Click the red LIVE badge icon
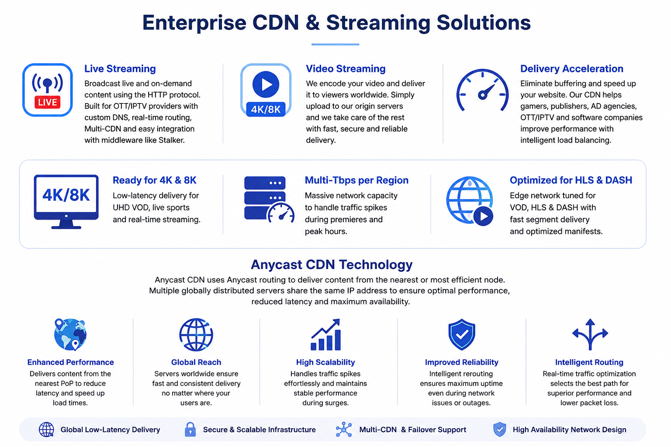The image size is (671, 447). pos(47,102)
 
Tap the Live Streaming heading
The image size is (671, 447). pos(120,69)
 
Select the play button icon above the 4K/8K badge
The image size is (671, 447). pos(266,84)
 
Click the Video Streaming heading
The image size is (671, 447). pos(346,69)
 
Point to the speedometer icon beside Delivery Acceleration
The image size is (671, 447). pos(482,90)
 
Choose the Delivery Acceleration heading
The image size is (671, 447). pos(571,69)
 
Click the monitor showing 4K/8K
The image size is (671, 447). pos(66,202)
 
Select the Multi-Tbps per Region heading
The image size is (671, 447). pos(356,180)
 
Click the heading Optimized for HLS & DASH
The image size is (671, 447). pos(571,180)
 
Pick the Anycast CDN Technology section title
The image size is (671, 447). pos(332,265)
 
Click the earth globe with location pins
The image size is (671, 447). pos(70,334)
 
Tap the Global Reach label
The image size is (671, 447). pos(196,362)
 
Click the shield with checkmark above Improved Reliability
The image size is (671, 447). pos(462,334)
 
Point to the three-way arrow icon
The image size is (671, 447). pos(590,334)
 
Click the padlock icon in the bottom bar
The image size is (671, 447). pos(190,430)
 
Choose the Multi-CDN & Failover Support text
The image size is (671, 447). pos(413,430)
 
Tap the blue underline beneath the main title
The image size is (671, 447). pos(335,45)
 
